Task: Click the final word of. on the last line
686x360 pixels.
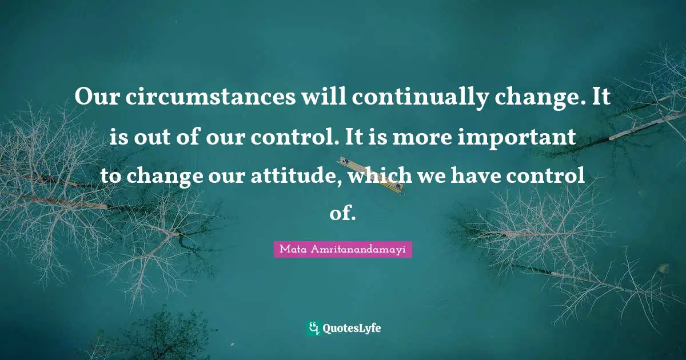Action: click(x=343, y=214)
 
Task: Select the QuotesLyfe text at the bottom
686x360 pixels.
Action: click(x=352, y=328)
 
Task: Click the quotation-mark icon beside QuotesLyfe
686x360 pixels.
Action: click(x=313, y=327)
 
